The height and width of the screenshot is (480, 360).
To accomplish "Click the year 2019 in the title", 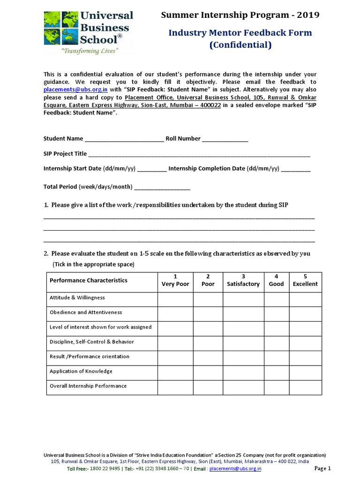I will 307,15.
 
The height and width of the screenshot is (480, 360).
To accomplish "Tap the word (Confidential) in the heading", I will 240,45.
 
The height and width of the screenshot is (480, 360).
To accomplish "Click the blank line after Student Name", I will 124,139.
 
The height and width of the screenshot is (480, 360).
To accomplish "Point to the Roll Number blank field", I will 225,139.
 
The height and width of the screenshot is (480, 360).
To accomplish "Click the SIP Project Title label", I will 65,154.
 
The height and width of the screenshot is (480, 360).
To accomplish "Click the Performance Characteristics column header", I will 89,280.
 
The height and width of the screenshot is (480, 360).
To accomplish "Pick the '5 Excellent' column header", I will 305,280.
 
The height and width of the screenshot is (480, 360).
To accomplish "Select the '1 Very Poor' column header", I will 175,280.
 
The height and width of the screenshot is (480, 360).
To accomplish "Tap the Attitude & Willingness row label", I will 77,298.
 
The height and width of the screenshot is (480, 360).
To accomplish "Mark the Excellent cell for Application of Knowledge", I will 305,372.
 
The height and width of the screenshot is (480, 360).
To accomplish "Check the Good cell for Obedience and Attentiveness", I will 276,313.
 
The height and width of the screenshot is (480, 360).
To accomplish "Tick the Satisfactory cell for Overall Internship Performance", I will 243,386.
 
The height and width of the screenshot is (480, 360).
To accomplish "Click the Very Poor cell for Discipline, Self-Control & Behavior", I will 175,342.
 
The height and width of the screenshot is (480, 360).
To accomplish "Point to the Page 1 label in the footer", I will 322,468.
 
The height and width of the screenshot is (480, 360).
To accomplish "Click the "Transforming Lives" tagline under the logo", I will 86,51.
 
